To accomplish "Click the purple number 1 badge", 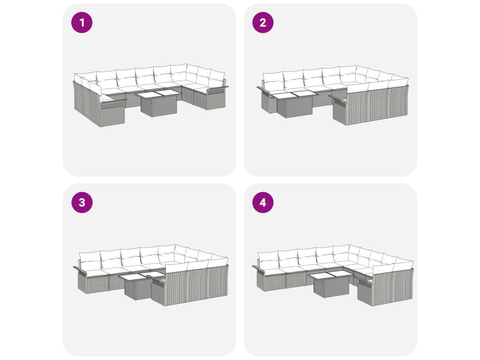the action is tap(82, 22).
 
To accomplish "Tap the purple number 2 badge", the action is tap(262, 22).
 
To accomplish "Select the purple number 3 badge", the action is tap(82, 202).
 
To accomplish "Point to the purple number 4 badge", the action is tap(262, 202).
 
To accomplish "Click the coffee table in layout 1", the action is tap(158, 103).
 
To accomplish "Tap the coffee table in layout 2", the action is tap(293, 104).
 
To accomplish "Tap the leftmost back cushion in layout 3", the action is tap(90, 260).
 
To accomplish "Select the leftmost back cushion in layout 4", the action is tap(268, 260).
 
